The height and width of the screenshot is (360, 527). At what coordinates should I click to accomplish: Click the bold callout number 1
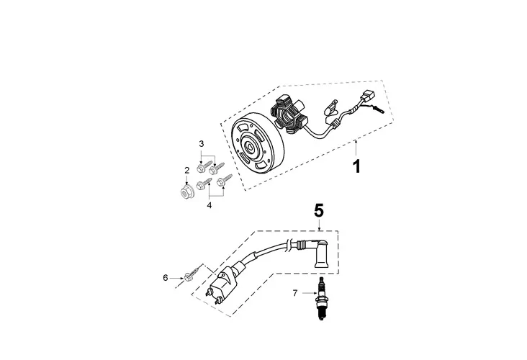click(x=355, y=168)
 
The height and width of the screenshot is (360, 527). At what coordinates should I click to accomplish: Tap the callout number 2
click(x=186, y=171)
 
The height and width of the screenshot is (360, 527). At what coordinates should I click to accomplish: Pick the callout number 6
click(x=165, y=277)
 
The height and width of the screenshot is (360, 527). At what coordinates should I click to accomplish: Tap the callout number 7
click(x=294, y=293)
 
